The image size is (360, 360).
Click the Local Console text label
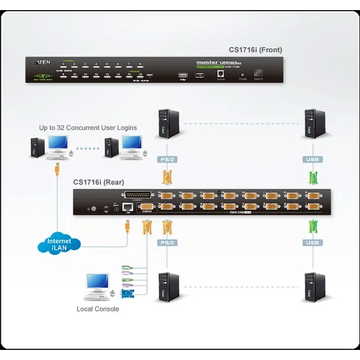point(98,309)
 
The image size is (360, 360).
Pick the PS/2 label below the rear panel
point(167,243)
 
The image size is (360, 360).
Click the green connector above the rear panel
point(312,177)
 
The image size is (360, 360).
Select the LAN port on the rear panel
point(127,207)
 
